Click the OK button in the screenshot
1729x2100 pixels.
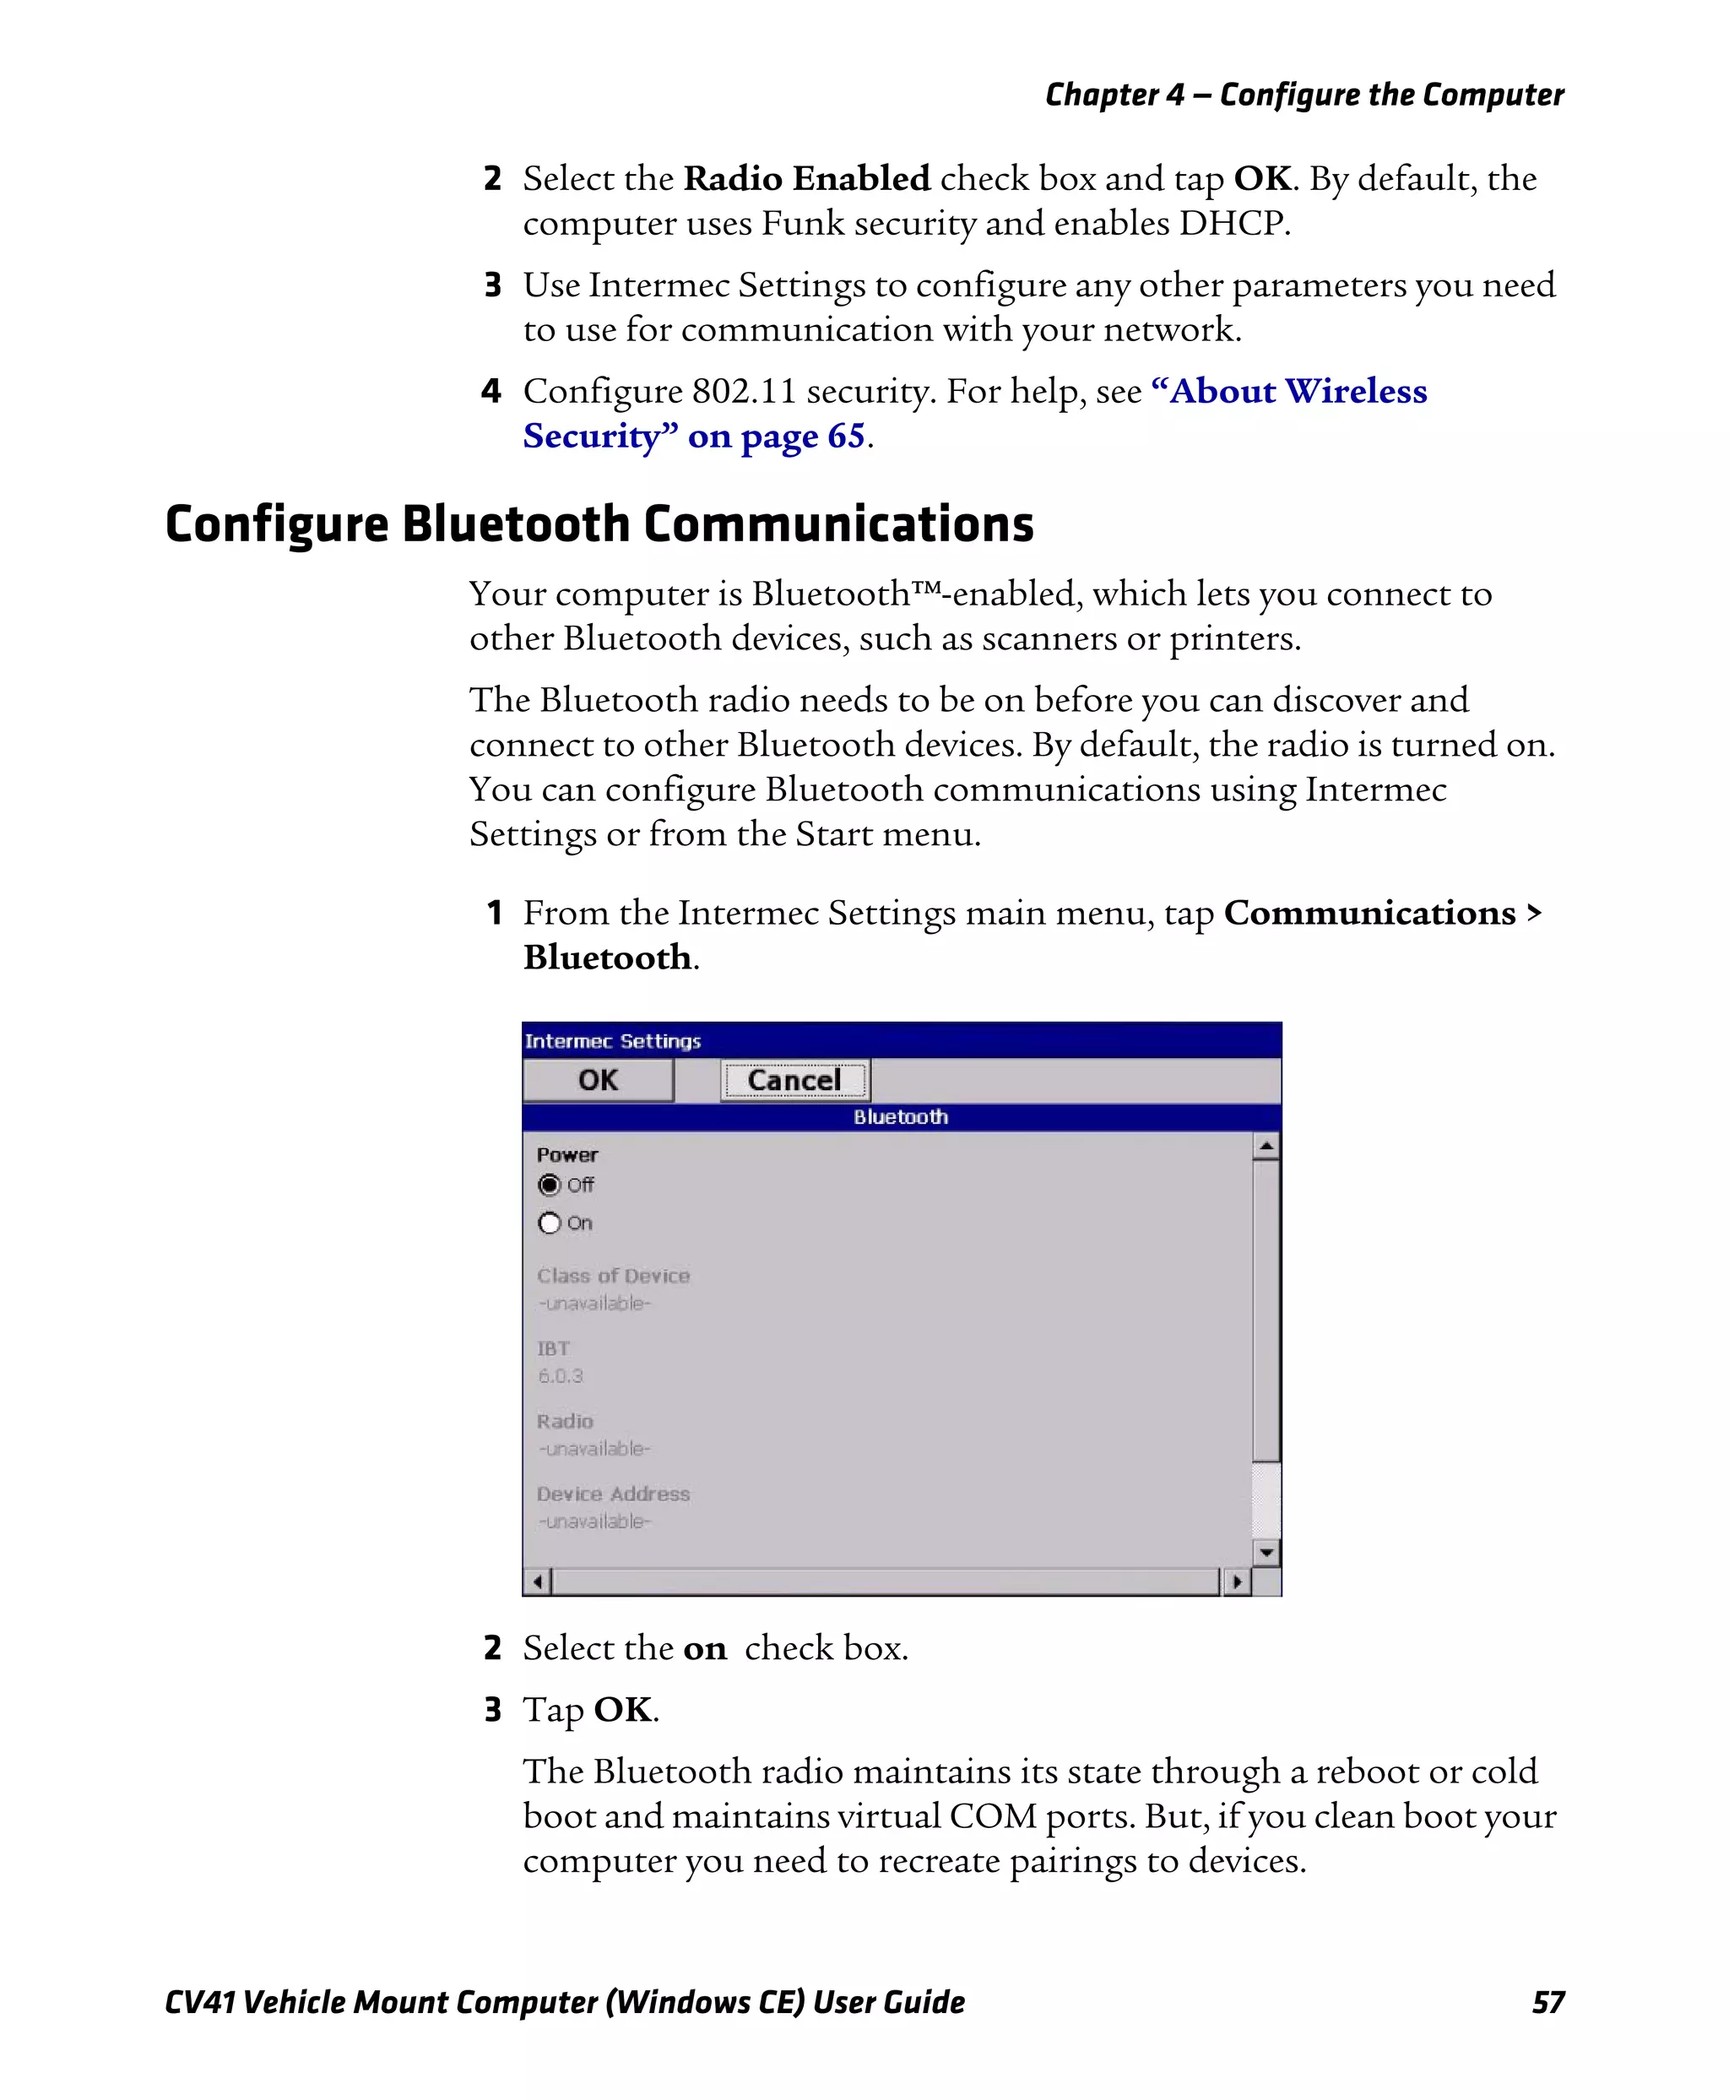coord(598,1080)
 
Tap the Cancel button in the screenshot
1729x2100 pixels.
coord(794,1080)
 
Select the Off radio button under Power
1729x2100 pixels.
coord(550,1185)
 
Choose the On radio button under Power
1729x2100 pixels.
coord(550,1223)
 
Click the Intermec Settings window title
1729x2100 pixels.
coord(613,1041)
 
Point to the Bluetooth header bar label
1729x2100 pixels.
coord(900,1117)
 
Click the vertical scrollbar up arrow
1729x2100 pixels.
coord(1266,1147)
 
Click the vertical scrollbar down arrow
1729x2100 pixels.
coord(1266,1552)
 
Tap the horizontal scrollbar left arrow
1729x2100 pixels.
coord(538,1581)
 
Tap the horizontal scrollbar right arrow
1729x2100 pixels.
coord(1236,1581)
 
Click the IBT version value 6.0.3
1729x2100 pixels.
coord(560,1376)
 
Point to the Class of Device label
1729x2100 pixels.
coord(613,1275)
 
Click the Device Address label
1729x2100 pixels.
coord(613,1494)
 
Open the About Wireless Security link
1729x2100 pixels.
coord(1297,392)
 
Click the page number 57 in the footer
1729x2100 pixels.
coord(1547,2002)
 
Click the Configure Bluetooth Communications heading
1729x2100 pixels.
coord(599,524)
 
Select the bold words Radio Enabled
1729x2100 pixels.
coord(807,178)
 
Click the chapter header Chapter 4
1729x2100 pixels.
coord(1114,95)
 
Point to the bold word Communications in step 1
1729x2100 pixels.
coord(1369,913)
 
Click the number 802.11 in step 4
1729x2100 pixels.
coord(744,392)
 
